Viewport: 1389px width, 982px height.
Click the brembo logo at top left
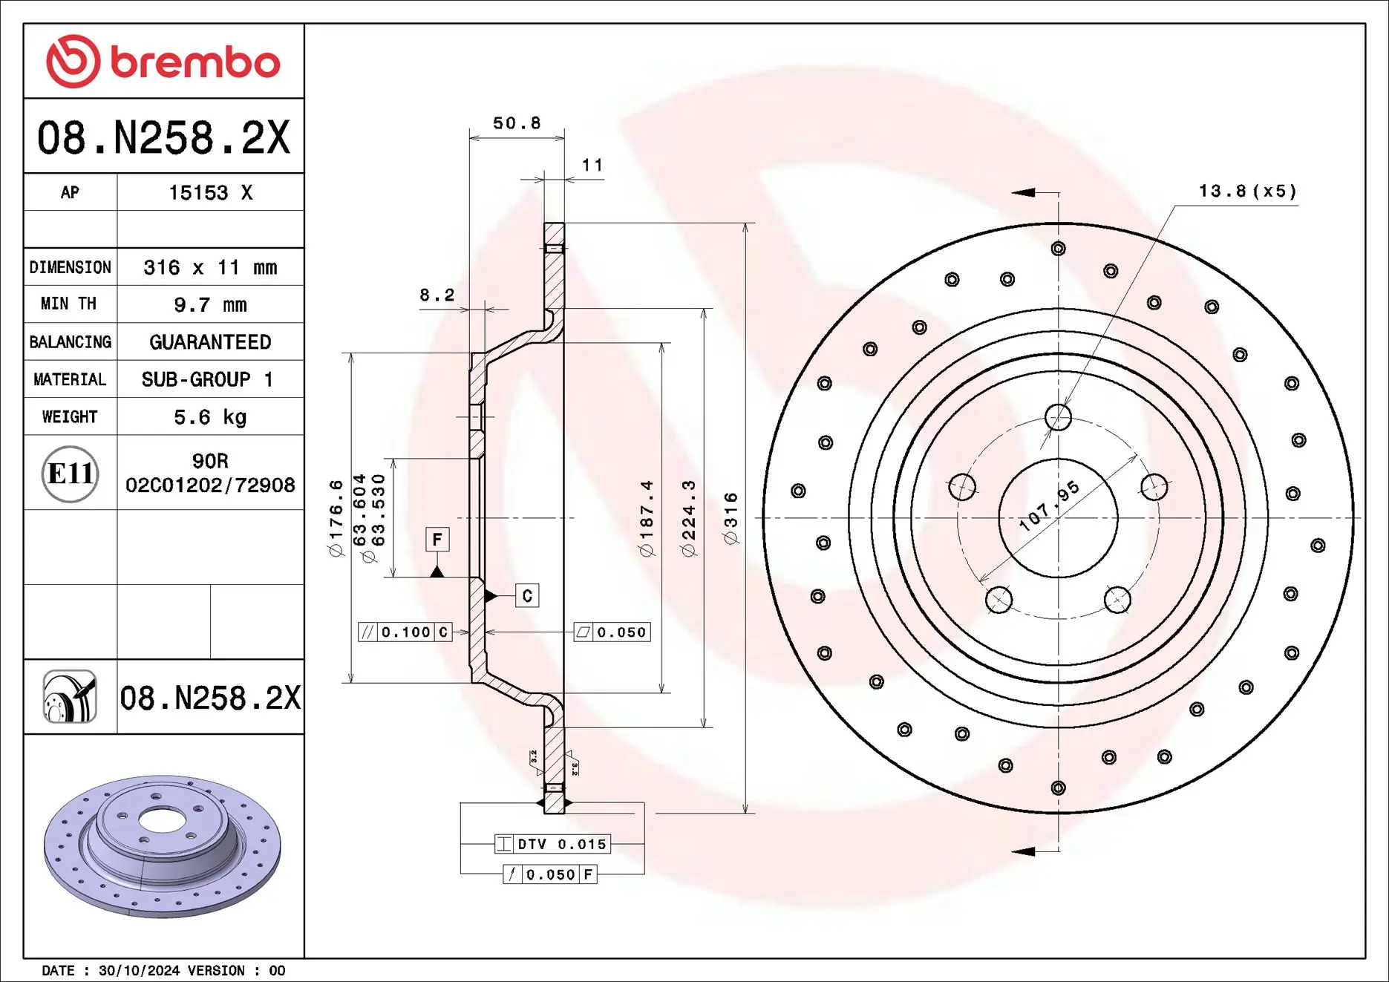[163, 61]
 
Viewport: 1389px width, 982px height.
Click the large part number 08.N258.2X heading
[163, 138]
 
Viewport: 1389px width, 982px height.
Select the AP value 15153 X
[210, 193]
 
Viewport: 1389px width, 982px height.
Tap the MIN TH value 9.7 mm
[210, 305]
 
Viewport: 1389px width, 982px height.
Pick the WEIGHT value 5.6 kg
[210, 417]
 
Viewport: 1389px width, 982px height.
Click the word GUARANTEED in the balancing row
[210, 342]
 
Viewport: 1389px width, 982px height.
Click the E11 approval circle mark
[70, 474]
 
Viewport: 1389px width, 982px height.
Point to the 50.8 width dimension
[517, 123]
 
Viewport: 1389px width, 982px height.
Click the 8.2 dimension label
[437, 295]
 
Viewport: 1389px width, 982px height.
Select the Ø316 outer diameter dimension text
[731, 518]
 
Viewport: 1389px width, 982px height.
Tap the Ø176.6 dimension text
[336, 518]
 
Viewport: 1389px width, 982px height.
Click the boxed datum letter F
[437, 540]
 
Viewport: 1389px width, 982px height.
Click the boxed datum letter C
[527, 596]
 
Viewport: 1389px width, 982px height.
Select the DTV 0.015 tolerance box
[552, 844]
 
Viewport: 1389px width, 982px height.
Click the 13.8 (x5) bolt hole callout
[1247, 192]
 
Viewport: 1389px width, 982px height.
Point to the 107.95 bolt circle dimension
[1048, 506]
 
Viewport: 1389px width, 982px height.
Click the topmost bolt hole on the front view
[1058, 417]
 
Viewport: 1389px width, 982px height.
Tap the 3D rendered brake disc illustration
[162, 846]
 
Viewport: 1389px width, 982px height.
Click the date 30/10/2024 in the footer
[139, 971]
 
